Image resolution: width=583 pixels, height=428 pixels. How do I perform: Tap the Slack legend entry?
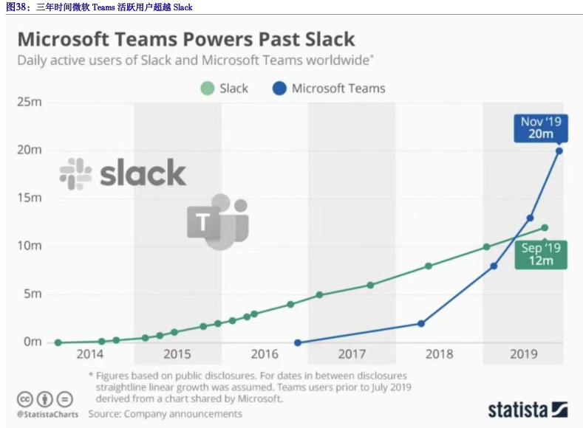click(225, 89)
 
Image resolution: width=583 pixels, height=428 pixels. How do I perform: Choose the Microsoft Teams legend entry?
click(329, 89)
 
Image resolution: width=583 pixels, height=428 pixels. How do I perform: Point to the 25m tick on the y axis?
click(30, 102)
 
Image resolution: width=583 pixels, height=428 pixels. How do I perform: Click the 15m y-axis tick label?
click(30, 198)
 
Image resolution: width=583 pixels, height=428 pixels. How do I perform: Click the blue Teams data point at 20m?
click(559, 151)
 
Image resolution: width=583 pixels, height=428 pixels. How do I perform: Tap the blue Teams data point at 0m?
click(298, 342)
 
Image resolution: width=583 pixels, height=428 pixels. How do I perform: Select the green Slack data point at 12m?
click(545, 227)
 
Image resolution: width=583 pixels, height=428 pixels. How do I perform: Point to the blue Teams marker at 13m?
click(530, 218)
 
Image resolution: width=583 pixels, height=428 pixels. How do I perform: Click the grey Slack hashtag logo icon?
click(75, 174)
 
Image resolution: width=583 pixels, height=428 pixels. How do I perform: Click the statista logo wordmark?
click(527, 410)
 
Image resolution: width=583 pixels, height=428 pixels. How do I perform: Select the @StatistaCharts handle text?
click(47, 414)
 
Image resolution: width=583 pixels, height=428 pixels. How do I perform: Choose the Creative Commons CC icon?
click(25, 399)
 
